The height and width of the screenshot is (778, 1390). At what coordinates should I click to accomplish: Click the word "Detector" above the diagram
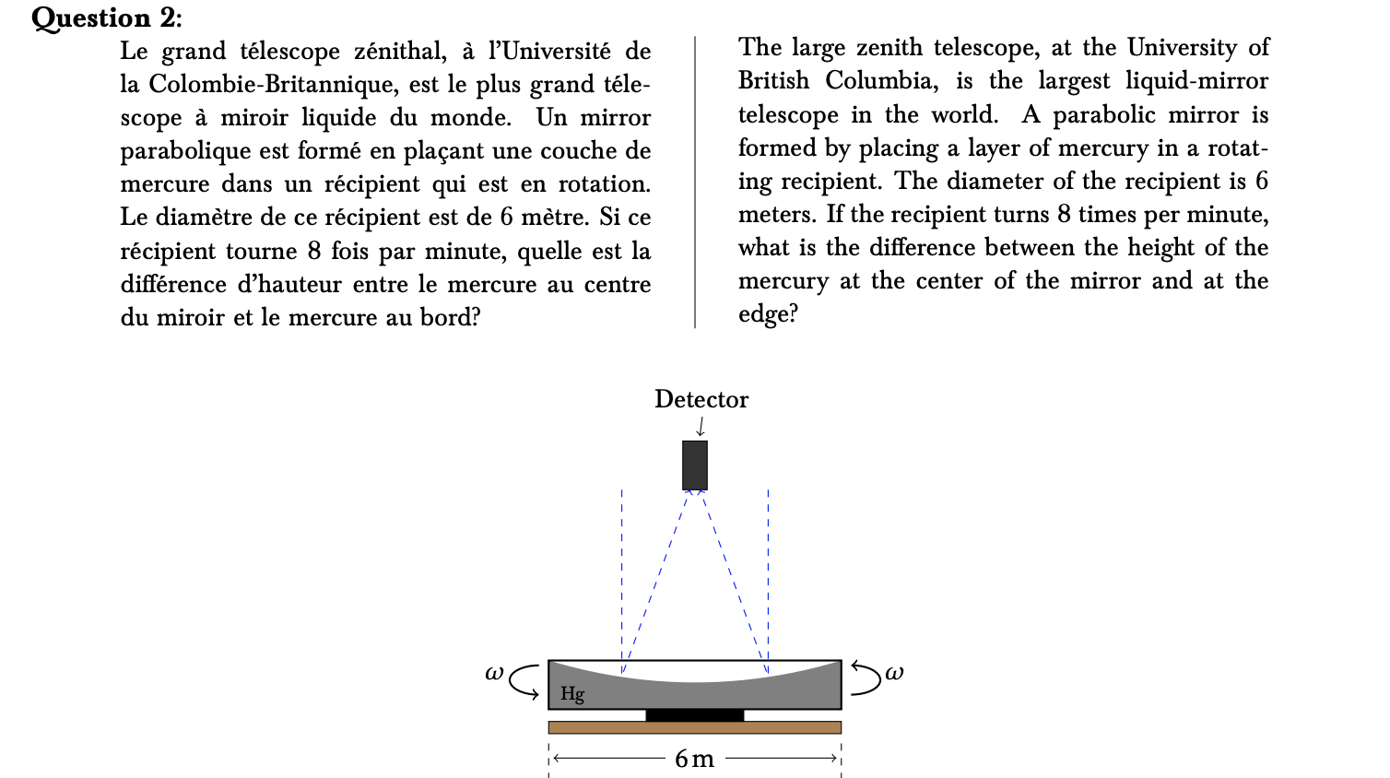[x=701, y=399]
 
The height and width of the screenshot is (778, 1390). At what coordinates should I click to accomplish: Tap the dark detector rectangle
[x=695, y=466]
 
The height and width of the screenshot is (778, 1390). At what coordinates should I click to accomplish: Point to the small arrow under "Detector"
[x=701, y=426]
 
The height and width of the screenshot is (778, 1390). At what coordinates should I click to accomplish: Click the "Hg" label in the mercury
[x=572, y=693]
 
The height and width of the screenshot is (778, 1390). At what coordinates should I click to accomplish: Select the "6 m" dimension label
[x=694, y=759]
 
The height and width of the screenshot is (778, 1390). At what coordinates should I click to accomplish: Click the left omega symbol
[x=494, y=673]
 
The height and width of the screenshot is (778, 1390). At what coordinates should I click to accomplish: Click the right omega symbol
[x=894, y=673]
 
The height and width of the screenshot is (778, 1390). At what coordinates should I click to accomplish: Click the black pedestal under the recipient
[x=694, y=715]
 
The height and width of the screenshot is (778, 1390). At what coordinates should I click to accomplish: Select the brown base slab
[x=694, y=727]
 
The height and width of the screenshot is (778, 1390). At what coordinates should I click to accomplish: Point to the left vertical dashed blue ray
[x=622, y=572]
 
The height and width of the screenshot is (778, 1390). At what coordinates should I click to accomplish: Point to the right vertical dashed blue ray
[x=768, y=572]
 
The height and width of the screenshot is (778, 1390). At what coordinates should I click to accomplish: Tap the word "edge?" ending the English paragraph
[x=768, y=314]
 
